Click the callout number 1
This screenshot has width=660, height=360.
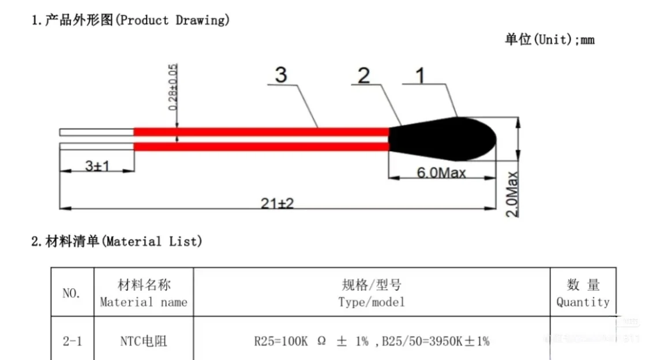point(421,76)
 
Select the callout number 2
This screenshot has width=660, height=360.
point(364,76)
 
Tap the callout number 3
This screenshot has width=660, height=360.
point(281,76)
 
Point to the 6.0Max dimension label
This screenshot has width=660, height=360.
point(441,172)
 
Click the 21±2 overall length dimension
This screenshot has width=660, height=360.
point(277,203)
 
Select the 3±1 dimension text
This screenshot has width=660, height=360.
point(97,166)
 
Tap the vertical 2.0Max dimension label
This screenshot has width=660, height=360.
point(512,194)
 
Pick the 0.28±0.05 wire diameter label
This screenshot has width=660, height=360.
point(172,87)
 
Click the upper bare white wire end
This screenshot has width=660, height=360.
point(96,132)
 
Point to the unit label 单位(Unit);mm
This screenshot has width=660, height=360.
point(549,40)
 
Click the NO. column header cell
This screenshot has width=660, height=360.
point(72,292)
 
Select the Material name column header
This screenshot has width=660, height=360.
point(144,293)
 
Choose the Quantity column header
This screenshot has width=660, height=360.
point(583,293)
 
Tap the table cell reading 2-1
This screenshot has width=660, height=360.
point(72,341)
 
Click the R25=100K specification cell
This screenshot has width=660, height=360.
point(372,341)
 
